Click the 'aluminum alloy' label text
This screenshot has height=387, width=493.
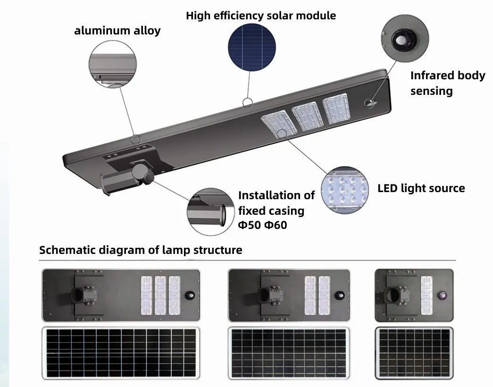(x=117, y=31)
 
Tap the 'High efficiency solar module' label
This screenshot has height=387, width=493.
(x=261, y=16)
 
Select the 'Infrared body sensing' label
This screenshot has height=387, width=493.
(x=447, y=83)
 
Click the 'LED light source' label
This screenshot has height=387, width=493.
(x=421, y=188)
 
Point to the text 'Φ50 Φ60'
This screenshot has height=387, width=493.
(x=262, y=225)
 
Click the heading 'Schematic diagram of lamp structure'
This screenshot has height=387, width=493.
(x=141, y=250)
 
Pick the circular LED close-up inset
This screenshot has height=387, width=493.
(x=344, y=190)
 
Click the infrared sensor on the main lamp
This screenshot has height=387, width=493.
(x=369, y=102)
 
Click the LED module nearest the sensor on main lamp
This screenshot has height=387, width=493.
(x=336, y=108)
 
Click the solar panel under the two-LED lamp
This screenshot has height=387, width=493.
(x=289, y=352)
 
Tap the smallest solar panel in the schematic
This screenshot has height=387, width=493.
(x=414, y=352)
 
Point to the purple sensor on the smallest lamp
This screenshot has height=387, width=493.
(x=443, y=295)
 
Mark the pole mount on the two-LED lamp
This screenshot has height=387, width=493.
(x=266, y=294)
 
